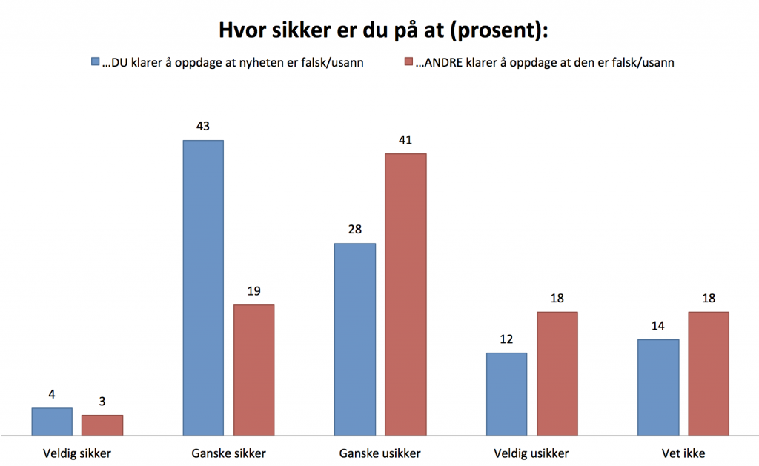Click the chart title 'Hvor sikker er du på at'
[382, 30]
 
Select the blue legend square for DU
[94, 62]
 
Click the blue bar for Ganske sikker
[203, 287]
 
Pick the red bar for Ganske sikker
[254, 369]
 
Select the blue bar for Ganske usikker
[355, 339]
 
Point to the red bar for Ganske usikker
[405, 293]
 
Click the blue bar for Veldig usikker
[507, 393]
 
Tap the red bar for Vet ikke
[709, 373]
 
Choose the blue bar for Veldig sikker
[52, 421]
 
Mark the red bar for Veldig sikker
[102, 425]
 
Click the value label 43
[203, 126]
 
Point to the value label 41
[405, 139]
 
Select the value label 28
[355, 229]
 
